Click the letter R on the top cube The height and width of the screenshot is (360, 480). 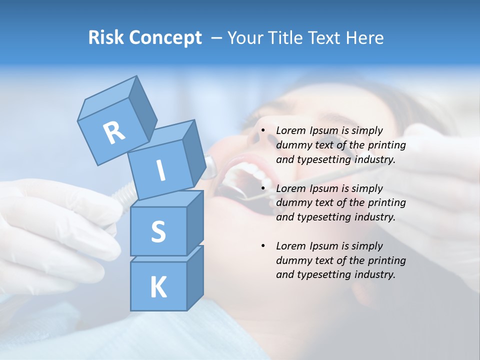click(114, 132)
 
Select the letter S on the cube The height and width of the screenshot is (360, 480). click(158, 231)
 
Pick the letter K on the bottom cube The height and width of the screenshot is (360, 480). click(158, 287)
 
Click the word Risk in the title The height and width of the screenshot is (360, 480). click(105, 38)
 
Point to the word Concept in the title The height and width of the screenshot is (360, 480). click(164, 38)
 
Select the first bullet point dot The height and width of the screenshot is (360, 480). click(263, 131)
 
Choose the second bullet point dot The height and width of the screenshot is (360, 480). click(263, 189)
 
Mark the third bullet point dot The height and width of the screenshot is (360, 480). click(263, 246)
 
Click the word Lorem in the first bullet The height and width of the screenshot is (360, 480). click(291, 131)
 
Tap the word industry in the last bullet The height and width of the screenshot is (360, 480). click(374, 274)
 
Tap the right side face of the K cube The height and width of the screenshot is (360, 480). click(195, 277)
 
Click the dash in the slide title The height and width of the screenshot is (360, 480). click(217, 38)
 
